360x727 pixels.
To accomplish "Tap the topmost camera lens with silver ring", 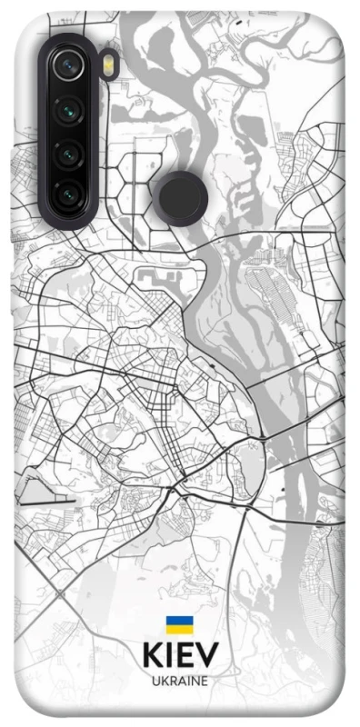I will pos(68,64).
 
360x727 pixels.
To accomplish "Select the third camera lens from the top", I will pos(68,152).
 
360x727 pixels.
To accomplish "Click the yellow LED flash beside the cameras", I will pos(107,65).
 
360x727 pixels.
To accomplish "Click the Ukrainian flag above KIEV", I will pos(179,625).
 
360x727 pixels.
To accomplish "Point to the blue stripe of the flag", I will pos(179,621).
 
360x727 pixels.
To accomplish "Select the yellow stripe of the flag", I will pos(179,630).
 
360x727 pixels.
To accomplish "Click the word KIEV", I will pos(180,656).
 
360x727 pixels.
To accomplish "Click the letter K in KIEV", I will pos(152,656).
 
